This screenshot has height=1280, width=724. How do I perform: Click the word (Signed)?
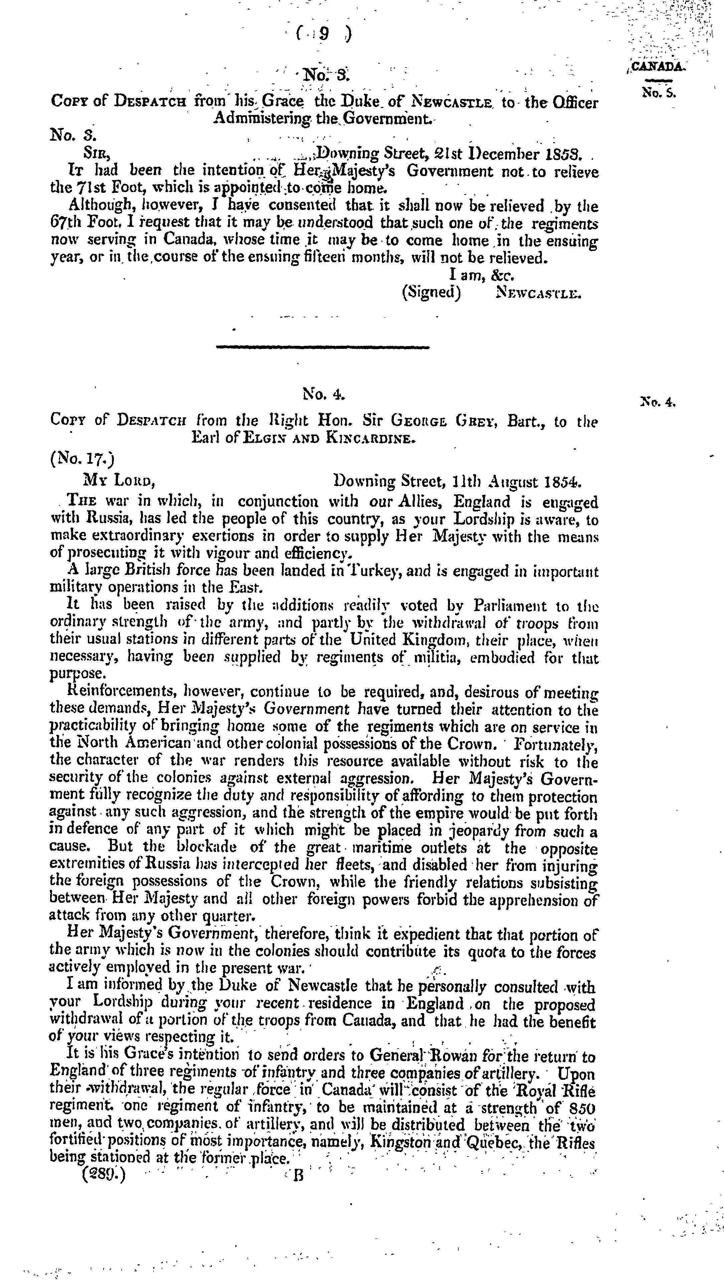coord(431,292)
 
